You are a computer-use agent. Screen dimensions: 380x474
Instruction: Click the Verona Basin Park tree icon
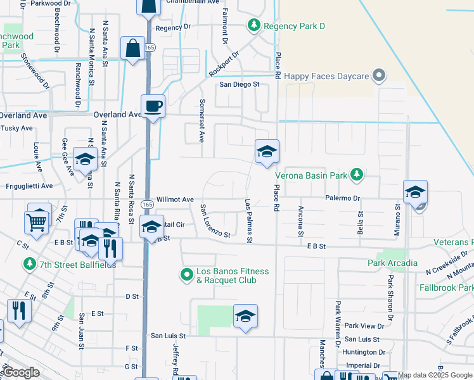tap(357, 174)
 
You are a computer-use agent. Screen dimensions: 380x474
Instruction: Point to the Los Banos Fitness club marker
tap(186, 275)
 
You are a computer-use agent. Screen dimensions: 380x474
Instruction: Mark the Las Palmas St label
tap(249, 221)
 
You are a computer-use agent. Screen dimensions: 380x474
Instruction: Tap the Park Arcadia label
tap(392, 263)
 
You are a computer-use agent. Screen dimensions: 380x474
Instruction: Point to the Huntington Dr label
tap(363, 352)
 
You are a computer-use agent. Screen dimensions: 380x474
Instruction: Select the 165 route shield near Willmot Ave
tap(147, 205)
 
